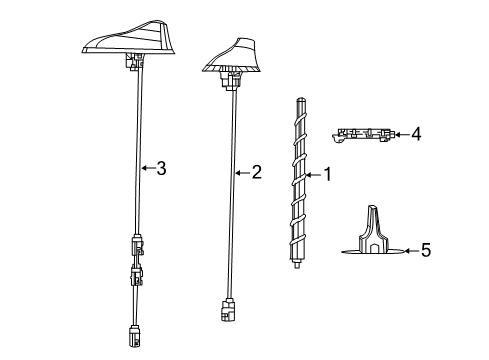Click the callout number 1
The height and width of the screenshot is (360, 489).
[x=328, y=174]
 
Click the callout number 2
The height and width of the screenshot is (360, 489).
[x=256, y=172]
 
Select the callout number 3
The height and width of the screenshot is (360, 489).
[x=160, y=168]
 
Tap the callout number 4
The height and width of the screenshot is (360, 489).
[x=416, y=133]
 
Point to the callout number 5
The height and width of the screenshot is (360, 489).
[x=425, y=250]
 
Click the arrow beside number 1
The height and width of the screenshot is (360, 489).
[x=316, y=174]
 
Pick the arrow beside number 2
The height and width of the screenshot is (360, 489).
[x=242, y=172]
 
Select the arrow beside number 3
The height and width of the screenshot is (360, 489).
[x=147, y=168]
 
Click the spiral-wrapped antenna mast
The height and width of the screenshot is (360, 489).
[x=301, y=180]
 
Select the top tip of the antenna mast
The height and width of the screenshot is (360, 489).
[x=301, y=99]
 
